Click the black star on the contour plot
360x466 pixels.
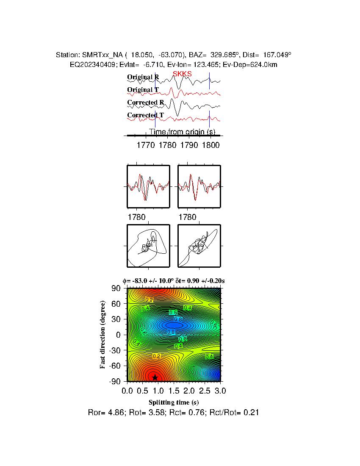[155, 377]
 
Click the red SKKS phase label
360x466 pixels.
[182, 74]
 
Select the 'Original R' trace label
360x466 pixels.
[143, 77]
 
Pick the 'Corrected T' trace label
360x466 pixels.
[145, 115]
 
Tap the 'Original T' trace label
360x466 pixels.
[143, 90]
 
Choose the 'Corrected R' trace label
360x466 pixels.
[145, 103]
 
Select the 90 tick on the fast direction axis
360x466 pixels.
[116, 288]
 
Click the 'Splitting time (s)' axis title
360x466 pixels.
[174, 402]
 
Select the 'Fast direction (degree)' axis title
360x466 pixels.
[103, 335]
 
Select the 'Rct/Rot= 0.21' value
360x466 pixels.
[236, 412]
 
